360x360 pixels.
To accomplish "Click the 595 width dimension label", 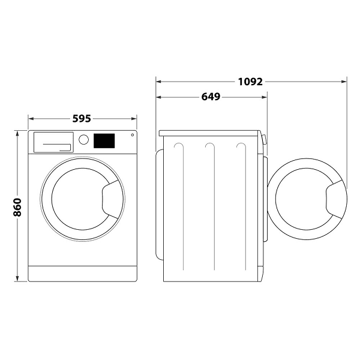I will pyautogui.click(x=82, y=119).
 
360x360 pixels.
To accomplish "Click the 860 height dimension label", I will pyautogui.click(x=17, y=206).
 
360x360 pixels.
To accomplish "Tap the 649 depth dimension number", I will pyautogui.click(x=210, y=97).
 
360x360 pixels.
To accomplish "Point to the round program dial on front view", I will pyautogui.click(x=84, y=139).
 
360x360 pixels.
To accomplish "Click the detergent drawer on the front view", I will pyautogui.click(x=52, y=142).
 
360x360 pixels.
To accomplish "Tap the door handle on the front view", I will pyautogui.click(x=112, y=199).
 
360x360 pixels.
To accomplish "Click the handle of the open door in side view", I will pyautogui.click(x=335, y=200).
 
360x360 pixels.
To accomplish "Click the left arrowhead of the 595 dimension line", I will pyautogui.click(x=31, y=119).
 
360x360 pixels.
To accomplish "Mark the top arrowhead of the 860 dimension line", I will pyautogui.click(x=17, y=133).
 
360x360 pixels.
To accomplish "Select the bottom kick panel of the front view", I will pyautogui.click(x=82, y=273).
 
